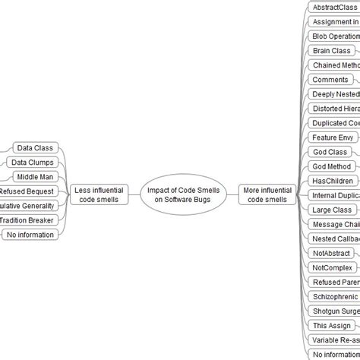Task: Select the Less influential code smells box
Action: (97, 194)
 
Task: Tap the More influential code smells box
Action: (267, 194)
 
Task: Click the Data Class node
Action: (34, 148)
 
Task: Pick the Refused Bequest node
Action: (27, 191)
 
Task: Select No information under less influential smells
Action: (30, 235)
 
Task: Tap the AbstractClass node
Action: (334, 8)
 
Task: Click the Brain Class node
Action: (332, 51)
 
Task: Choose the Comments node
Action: (330, 80)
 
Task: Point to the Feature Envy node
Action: (333, 137)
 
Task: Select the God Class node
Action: (330, 152)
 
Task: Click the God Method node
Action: (332, 166)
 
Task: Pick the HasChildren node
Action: (333, 181)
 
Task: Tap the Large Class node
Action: (332, 210)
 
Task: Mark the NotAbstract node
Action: (332, 253)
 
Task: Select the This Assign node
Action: (332, 325)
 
